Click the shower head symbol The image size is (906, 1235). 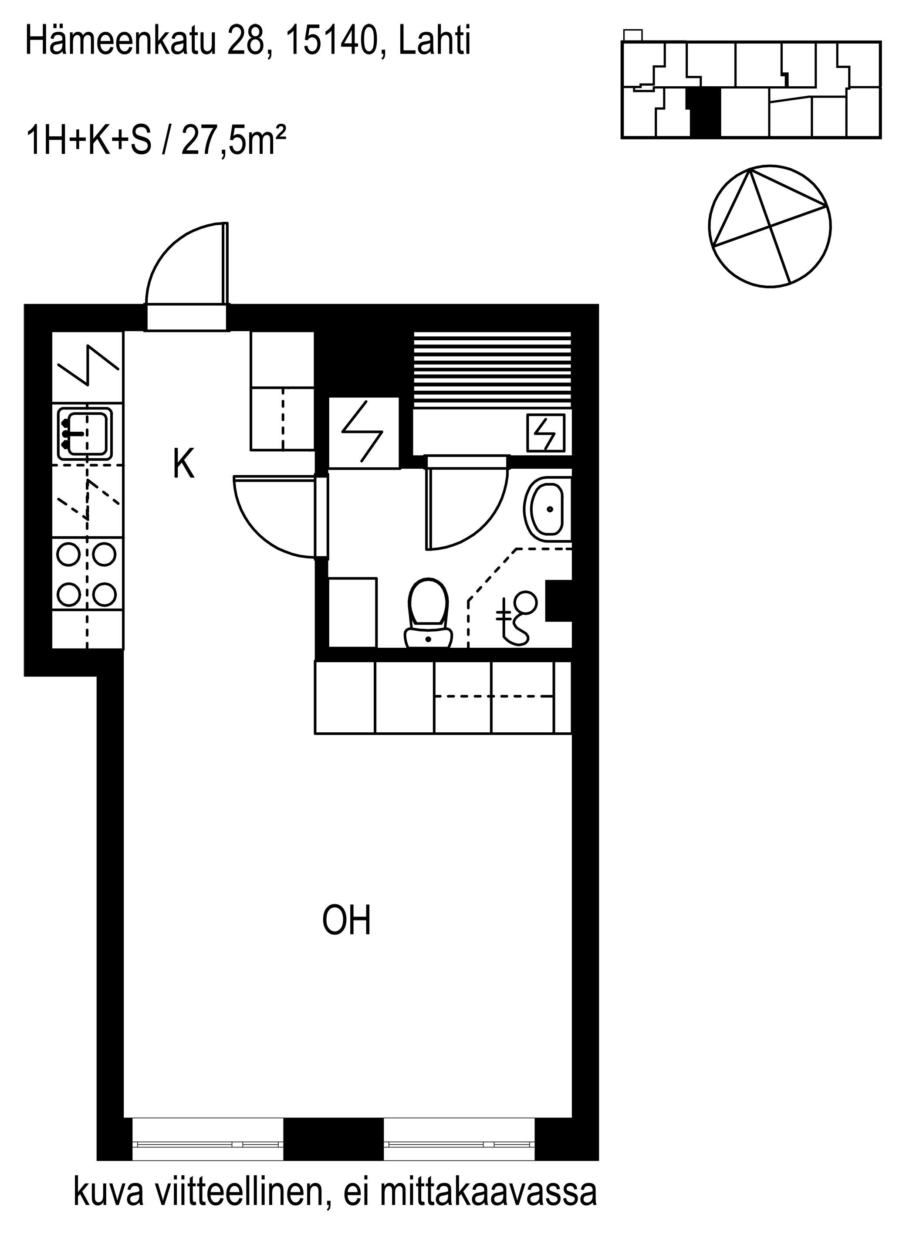(x=516, y=617)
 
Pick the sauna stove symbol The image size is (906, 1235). (x=545, y=433)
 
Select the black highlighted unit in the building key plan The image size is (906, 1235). (x=705, y=112)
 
